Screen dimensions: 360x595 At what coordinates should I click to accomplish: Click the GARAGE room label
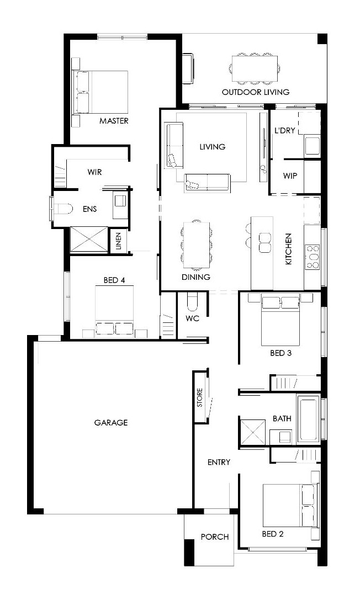pos(111,422)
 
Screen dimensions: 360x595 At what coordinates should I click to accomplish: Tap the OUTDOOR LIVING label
pos(256,92)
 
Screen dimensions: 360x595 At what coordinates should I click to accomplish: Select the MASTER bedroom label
pos(114,121)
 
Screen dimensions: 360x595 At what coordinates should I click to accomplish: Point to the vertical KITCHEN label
pos(289,249)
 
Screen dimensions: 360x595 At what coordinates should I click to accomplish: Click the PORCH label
pos(215,537)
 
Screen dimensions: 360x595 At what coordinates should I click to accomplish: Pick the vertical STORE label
pos(200,397)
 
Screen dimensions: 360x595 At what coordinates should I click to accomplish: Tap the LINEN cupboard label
pos(119,241)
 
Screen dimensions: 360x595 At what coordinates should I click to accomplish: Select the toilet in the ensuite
pos(63,209)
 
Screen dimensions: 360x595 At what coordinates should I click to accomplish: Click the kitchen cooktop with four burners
pos(312,257)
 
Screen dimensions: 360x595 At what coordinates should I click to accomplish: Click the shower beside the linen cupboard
pos(89,239)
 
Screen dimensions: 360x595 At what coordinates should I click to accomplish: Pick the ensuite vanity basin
pos(121,201)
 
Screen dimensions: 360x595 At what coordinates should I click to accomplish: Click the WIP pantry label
pos(290,176)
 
